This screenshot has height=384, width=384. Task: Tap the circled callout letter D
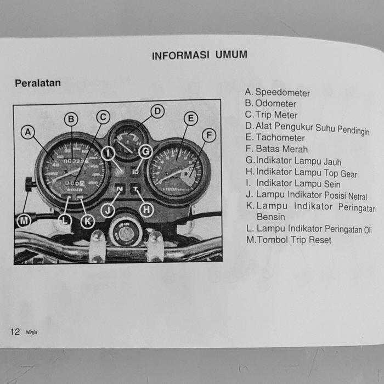pyautogui.click(x=157, y=111)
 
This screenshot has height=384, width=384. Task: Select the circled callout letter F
pyautogui.click(x=208, y=135)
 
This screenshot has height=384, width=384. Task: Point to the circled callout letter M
pyautogui.click(x=24, y=221)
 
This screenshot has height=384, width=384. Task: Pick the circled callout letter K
pyautogui.click(x=87, y=221)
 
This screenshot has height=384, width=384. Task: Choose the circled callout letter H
pyautogui.click(x=146, y=208)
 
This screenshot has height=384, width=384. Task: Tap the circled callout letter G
pyautogui.click(x=144, y=151)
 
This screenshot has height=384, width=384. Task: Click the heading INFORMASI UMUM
pyautogui.click(x=199, y=55)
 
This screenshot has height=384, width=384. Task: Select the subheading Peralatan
pyautogui.click(x=38, y=83)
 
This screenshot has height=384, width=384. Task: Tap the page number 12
pyautogui.click(x=15, y=331)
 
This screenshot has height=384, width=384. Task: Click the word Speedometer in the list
pyautogui.click(x=282, y=93)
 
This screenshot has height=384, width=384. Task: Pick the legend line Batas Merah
pyautogui.click(x=281, y=149)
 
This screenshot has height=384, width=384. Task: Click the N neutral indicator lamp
pyautogui.click(x=120, y=189)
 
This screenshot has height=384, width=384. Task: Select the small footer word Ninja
pyautogui.click(x=31, y=332)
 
